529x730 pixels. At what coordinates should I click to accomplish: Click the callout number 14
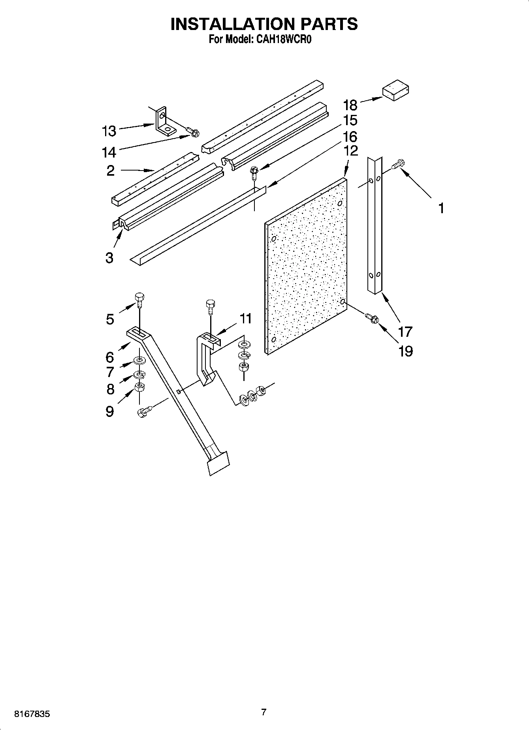tap(109, 152)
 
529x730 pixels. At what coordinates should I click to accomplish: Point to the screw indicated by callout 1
tap(397, 164)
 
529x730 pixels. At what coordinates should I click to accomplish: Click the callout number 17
tap(405, 332)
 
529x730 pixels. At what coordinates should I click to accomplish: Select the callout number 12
tap(350, 150)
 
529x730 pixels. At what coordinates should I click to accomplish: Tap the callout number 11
tap(246, 318)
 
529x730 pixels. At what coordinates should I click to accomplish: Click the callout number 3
tap(109, 258)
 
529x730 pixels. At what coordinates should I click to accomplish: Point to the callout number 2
tap(110, 171)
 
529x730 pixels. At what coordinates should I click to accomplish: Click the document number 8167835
tap(32, 714)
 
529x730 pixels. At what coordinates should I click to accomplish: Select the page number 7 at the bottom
tap(264, 712)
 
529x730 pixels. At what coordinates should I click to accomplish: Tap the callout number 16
tap(350, 137)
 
